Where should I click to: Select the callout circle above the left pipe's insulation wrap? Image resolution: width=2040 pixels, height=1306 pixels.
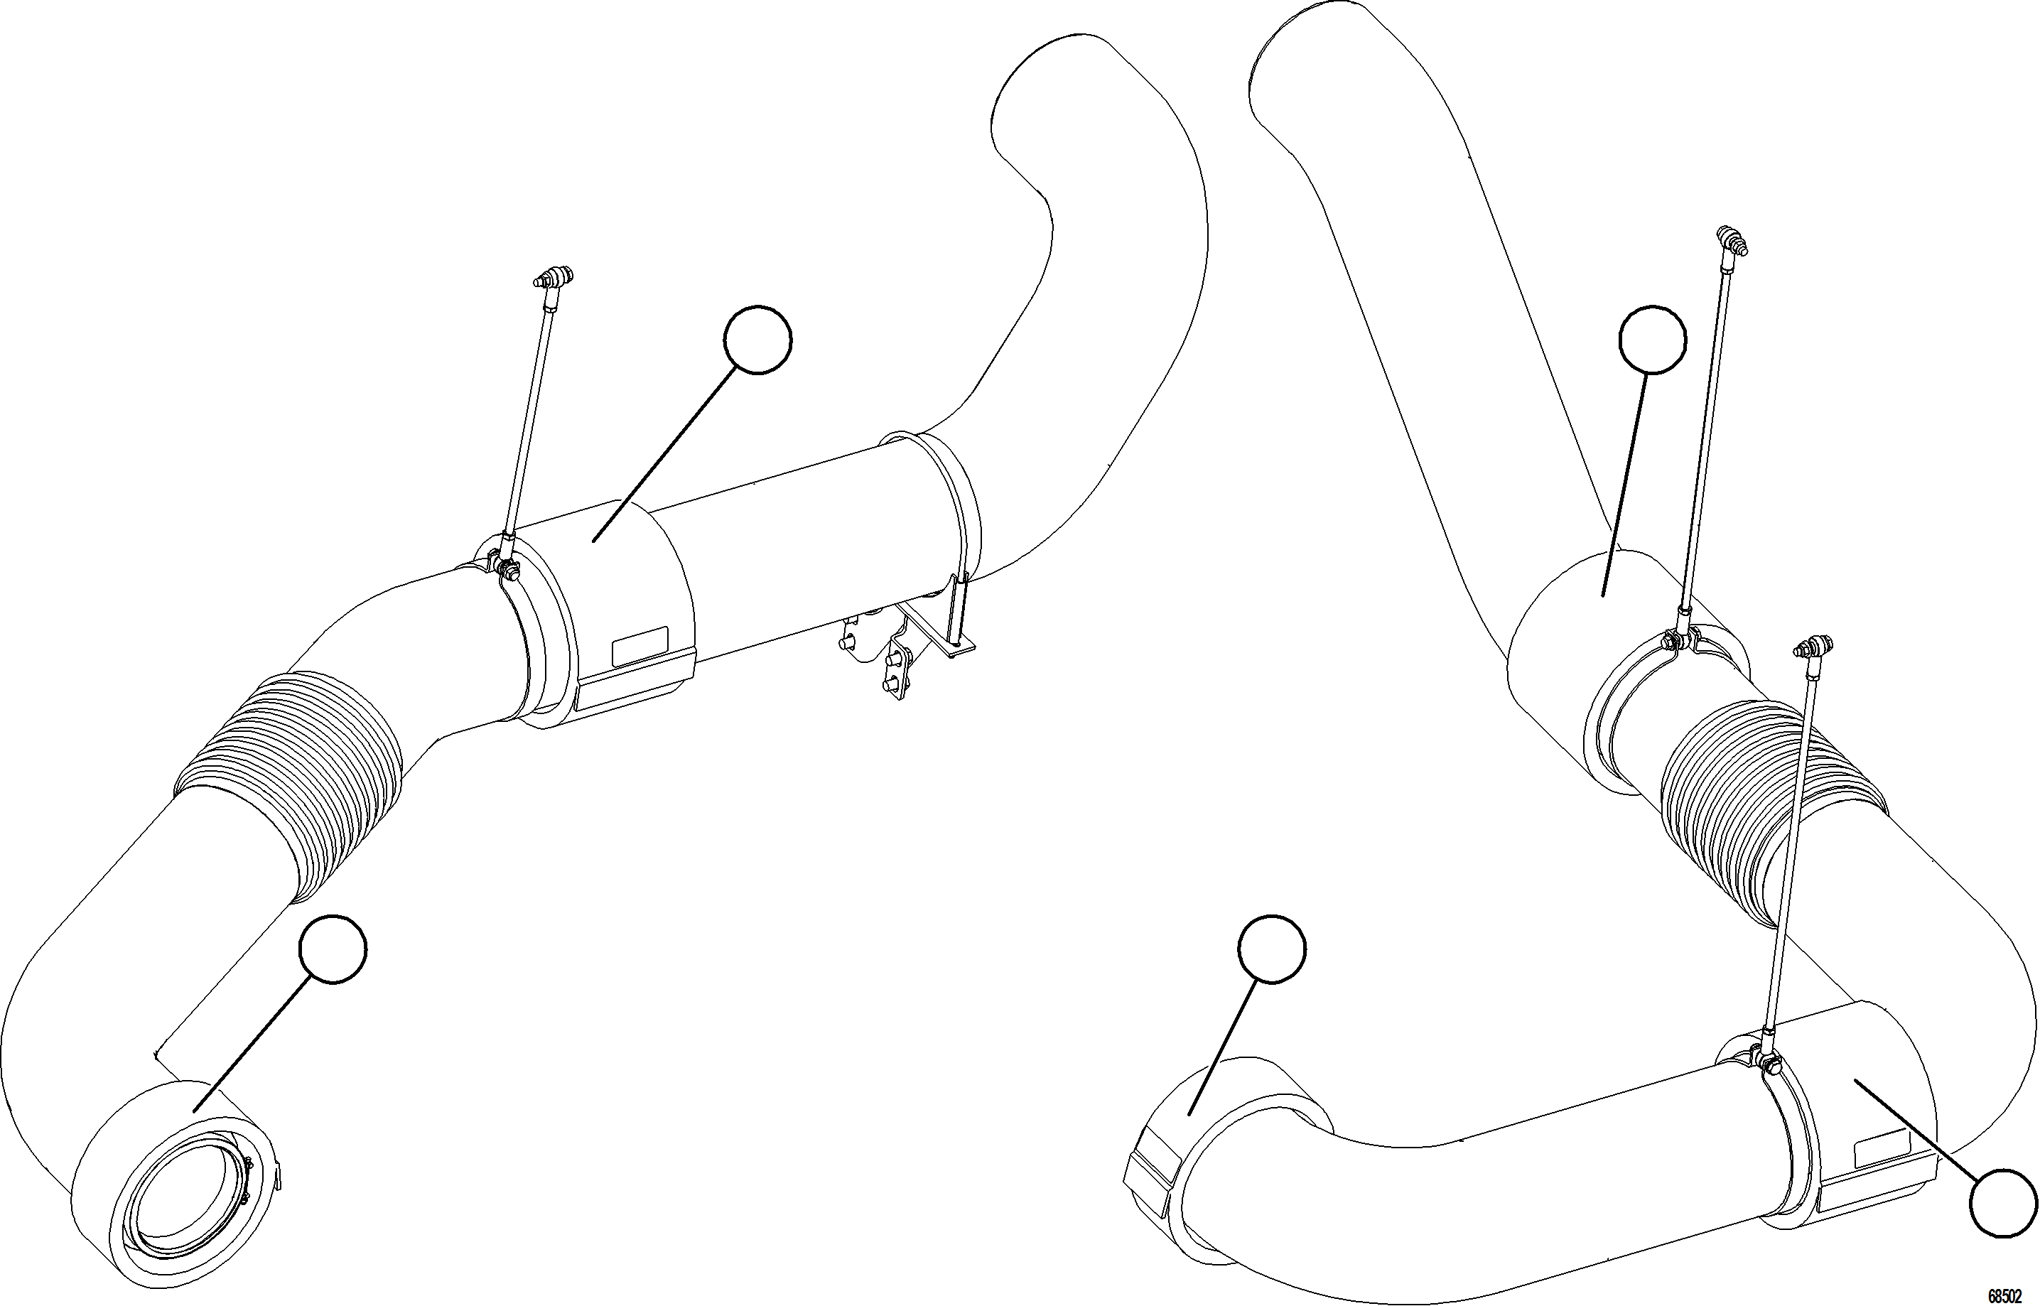coord(758,339)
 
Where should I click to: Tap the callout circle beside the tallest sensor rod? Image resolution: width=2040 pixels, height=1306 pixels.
coord(1653,339)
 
